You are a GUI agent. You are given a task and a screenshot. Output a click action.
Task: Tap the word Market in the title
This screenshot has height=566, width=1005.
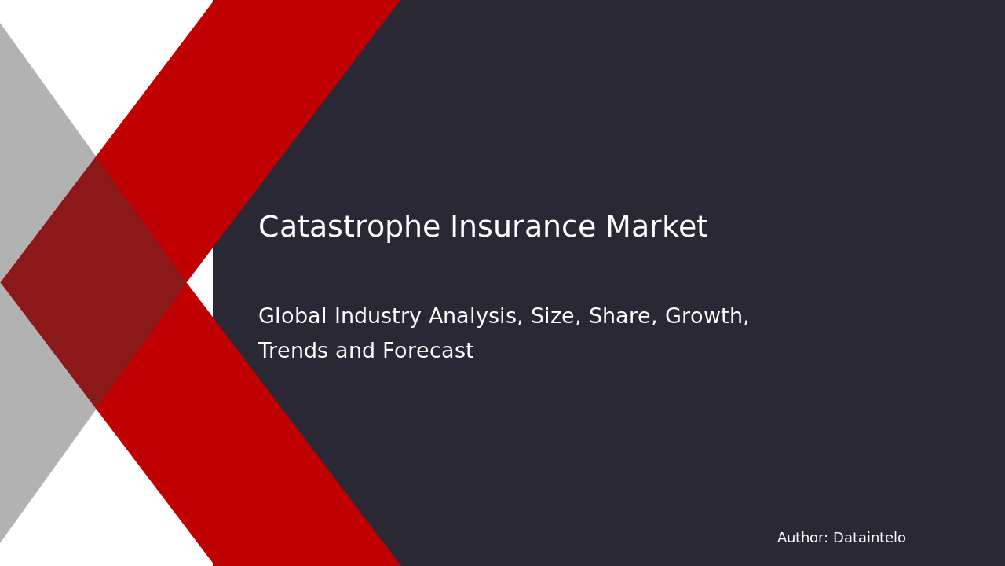656,228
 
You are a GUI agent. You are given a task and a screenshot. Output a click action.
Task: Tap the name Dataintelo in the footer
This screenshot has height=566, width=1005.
869,538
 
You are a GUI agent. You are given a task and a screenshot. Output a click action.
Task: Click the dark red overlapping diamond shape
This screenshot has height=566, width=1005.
93,283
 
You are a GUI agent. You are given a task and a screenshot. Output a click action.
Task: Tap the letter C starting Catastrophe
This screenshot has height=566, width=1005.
269,228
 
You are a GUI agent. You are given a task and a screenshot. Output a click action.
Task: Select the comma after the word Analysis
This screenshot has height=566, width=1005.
522,323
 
